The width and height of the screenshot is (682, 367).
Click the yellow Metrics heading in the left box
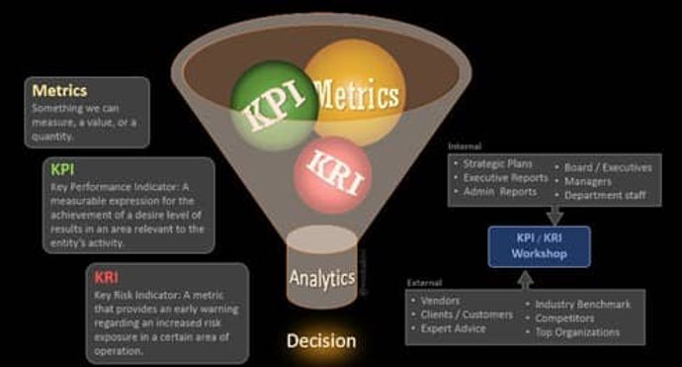(x=59, y=89)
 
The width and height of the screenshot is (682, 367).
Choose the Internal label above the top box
(x=464, y=145)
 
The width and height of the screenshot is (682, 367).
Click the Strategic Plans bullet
(x=499, y=164)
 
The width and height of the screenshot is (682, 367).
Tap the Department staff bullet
(x=605, y=195)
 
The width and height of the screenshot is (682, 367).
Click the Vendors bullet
(x=440, y=300)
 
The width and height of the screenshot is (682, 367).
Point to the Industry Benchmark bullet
(x=582, y=305)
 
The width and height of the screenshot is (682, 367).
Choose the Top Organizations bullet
(x=577, y=332)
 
